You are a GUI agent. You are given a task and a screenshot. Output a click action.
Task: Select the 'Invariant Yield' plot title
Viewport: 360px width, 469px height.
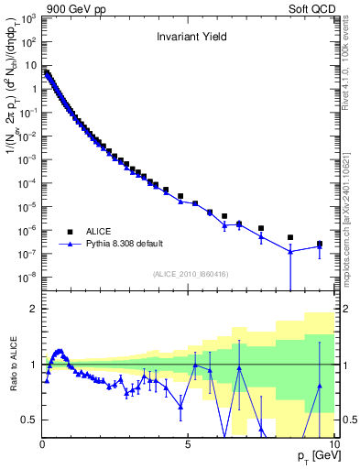[190, 38]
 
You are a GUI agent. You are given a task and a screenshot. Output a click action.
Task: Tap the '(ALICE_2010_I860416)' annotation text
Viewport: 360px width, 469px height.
[190, 275]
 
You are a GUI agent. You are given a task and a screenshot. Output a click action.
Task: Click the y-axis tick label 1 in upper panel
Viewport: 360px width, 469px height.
[33, 89]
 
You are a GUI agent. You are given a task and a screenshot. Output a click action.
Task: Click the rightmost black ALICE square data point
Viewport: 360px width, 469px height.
[320, 244]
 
